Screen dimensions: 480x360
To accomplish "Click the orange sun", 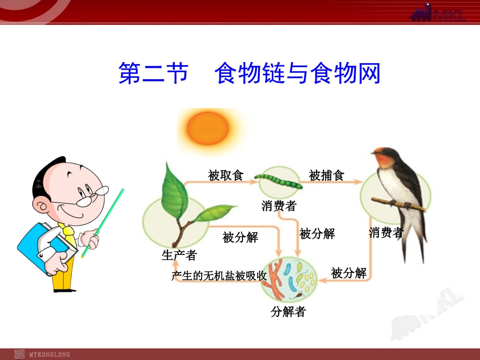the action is click(x=208, y=128).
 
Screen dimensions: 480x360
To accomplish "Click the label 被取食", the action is click(x=226, y=176).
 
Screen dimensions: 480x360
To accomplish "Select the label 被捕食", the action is click(x=326, y=176).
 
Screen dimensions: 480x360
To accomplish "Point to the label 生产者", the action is click(x=179, y=255).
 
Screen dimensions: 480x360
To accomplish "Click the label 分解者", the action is click(x=288, y=312).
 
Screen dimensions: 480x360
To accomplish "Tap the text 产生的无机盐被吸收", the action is click(x=219, y=276).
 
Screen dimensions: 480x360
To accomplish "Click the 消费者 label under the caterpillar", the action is click(x=279, y=206).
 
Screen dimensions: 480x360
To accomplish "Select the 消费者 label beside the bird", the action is click(x=386, y=232).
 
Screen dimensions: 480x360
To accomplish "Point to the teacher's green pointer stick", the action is click(x=103, y=223).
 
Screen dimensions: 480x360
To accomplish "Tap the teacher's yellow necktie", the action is click(x=68, y=234).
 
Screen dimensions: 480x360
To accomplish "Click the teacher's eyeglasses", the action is click(x=92, y=196).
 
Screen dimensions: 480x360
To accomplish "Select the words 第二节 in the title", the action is click(x=153, y=73).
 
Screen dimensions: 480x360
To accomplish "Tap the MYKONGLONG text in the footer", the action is click(x=50, y=355).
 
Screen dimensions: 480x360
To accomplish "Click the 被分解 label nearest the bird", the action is click(x=349, y=273).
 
